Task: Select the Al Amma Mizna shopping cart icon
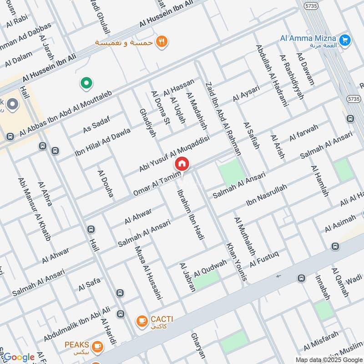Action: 344,40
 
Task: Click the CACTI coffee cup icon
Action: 142,321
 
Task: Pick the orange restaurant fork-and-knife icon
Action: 161,42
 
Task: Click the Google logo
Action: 19,357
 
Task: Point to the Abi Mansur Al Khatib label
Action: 34,209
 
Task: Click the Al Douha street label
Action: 105,184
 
